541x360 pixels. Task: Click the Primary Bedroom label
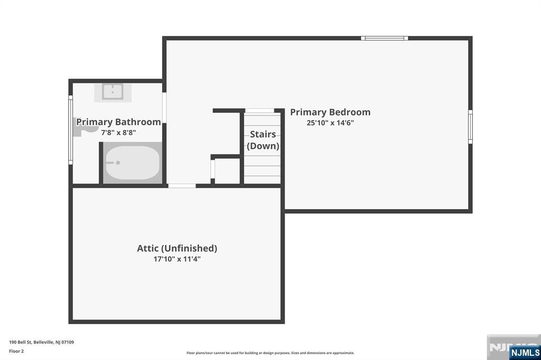(330, 112)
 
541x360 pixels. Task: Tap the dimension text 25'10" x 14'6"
(330, 123)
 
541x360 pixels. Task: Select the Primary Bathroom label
(118, 122)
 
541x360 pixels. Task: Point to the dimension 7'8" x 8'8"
(118, 132)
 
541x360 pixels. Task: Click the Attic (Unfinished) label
(177, 248)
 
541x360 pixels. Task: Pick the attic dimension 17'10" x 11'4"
(177, 259)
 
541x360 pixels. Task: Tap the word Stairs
(263, 134)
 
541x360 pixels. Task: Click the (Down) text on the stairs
(263, 146)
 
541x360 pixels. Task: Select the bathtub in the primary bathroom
(132, 163)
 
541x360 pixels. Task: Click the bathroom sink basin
(113, 92)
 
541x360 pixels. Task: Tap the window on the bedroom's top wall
(385, 38)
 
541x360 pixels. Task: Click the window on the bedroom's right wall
(470, 127)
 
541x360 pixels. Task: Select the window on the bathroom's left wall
(70, 130)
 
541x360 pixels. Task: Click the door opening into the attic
(182, 186)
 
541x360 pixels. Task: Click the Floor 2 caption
(16, 351)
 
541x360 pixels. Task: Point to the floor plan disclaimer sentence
(270, 353)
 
